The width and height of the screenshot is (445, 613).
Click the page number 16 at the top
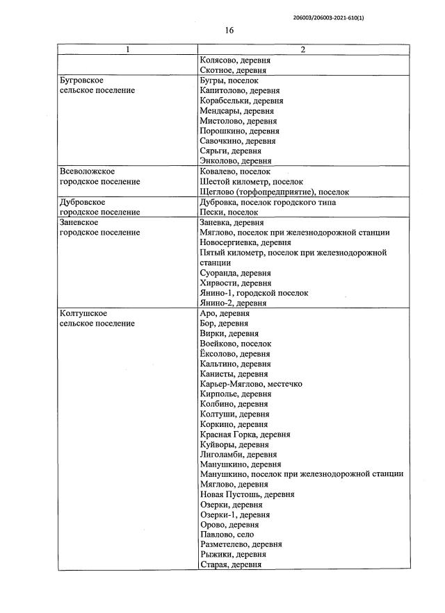coord(229,30)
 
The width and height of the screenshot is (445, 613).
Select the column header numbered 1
coord(127,50)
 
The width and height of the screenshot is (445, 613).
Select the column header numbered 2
coord(302,50)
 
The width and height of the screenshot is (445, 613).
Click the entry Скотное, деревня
coord(234,71)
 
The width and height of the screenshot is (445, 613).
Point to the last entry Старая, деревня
coord(230,565)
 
